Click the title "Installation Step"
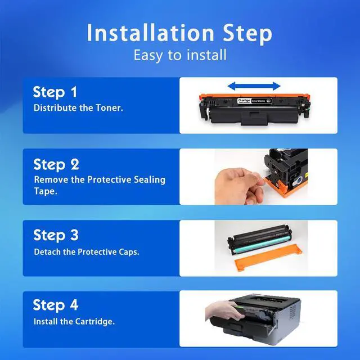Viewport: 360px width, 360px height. coord(179,33)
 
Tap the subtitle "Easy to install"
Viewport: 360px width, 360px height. coord(180,55)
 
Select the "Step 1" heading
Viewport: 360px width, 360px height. coord(55,92)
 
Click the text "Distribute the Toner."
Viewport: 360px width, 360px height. coord(78,108)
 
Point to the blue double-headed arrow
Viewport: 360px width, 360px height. coord(254,86)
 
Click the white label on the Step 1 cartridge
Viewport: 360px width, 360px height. coord(254,101)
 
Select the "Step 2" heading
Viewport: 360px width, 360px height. coord(56,164)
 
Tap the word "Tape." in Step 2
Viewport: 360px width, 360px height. coord(46,191)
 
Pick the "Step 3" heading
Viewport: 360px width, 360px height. coord(56,235)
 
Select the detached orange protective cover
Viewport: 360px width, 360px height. coord(268,258)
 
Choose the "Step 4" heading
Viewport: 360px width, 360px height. coord(56,305)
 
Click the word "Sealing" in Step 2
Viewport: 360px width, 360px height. coord(150,180)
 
